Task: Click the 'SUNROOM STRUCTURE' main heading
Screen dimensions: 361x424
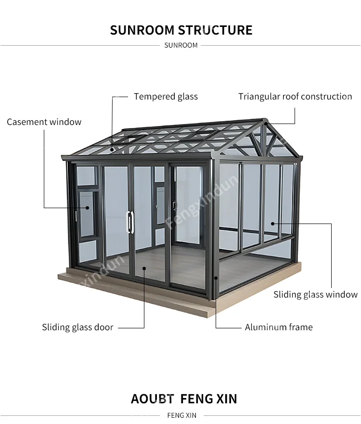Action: [x=181, y=30]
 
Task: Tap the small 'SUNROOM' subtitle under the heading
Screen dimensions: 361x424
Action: [x=181, y=45]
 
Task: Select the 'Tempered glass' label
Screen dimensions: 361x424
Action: [x=166, y=97]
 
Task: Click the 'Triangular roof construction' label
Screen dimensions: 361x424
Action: [x=295, y=97]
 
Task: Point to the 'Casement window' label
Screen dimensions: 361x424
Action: [x=44, y=122]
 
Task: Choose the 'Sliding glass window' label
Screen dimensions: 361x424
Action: [x=316, y=295]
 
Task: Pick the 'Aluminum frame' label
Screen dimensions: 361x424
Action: [x=279, y=327]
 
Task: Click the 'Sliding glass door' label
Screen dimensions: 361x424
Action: [x=77, y=327]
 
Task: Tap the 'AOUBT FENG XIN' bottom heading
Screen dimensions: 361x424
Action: [x=184, y=399]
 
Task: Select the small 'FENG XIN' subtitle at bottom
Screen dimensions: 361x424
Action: [x=181, y=415]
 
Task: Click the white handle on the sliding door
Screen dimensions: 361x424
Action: [x=129, y=222]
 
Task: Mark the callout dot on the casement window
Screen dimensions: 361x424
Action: [x=88, y=208]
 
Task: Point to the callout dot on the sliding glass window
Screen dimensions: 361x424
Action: [x=272, y=223]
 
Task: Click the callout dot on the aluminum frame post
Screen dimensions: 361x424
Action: [x=216, y=278]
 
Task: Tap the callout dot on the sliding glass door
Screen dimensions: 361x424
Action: [x=144, y=268]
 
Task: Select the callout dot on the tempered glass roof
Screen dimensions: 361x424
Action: [x=113, y=150]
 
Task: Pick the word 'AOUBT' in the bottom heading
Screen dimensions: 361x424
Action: [x=152, y=399]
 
